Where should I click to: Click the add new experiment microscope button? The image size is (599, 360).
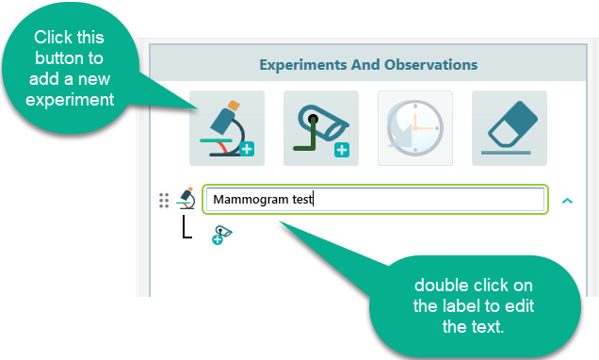click(227, 128)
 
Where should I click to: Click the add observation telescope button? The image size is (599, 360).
click(321, 128)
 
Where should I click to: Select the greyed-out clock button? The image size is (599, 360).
click(415, 128)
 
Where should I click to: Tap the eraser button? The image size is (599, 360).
click(510, 128)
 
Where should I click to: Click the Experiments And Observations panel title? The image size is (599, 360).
click(368, 65)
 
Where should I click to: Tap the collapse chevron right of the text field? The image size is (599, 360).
click(567, 200)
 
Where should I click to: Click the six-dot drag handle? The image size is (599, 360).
click(164, 200)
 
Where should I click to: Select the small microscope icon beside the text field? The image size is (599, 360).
click(186, 199)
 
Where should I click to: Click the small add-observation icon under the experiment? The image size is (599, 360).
click(222, 236)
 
